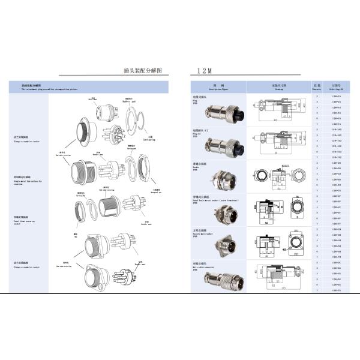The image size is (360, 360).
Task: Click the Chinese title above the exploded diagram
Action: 142,70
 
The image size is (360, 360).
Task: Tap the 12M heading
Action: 205,70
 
